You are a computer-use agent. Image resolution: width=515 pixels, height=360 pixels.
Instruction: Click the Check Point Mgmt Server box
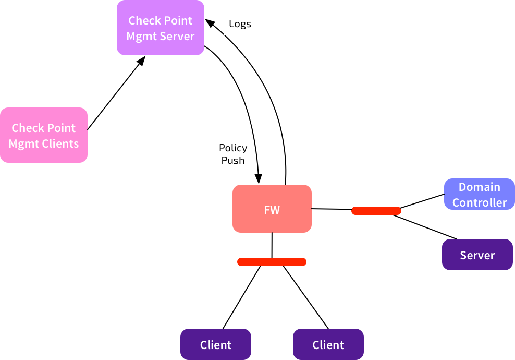click(x=160, y=28)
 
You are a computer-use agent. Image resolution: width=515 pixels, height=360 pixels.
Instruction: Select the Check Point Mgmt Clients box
click(x=44, y=135)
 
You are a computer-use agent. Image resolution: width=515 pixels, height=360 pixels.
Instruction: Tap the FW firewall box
click(x=272, y=209)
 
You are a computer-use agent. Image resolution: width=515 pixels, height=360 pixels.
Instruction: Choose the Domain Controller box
click(x=479, y=194)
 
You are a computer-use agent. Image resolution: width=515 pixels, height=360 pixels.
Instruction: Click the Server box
click(x=477, y=255)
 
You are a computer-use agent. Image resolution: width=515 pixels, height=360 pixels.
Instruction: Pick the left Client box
click(x=216, y=344)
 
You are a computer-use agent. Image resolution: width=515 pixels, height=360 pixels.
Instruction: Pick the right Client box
click(x=328, y=344)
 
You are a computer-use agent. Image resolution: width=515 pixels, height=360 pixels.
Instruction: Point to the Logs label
click(x=240, y=24)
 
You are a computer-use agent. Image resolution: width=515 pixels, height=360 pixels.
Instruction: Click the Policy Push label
click(x=233, y=154)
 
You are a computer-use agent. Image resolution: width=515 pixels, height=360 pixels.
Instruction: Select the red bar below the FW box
click(x=272, y=262)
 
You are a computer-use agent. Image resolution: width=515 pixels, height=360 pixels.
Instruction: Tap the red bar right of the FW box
click(x=376, y=211)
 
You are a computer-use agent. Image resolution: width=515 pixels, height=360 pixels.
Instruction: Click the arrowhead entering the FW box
click(x=259, y=179)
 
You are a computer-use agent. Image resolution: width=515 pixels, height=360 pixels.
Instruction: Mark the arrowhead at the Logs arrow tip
click(x=210, y=23)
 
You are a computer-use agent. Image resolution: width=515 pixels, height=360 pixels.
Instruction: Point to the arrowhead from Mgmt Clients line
click(x=142, y=61)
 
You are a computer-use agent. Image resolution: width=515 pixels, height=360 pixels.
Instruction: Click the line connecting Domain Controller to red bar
click(x=422, y=201)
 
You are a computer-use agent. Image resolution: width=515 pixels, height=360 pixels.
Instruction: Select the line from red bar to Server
click(x=424, y=227)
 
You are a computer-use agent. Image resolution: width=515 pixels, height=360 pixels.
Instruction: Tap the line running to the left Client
click(x=241, y=297)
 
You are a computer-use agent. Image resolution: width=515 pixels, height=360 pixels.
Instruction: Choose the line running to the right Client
click(x=306, y=297)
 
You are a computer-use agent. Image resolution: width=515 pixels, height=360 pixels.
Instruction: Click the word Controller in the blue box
click(x=480, y=202)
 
